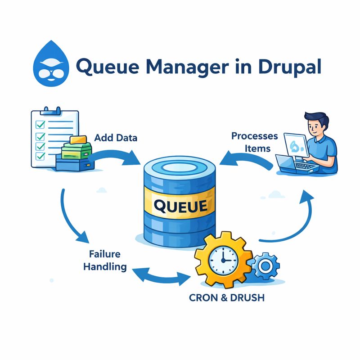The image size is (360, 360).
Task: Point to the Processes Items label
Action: [254, 142]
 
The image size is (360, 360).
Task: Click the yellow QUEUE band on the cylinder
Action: [180, 206]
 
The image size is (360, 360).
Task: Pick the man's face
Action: [316, 124]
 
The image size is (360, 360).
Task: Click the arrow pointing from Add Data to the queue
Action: [118, 155]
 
